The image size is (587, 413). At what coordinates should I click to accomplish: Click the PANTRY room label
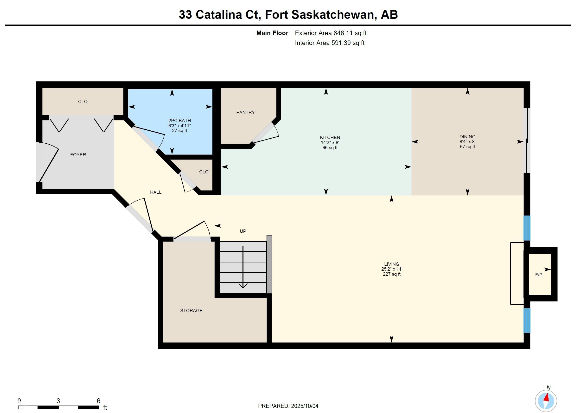(x=245, y=113)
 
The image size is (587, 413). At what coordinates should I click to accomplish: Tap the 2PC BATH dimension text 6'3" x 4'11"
(x=179, y=126)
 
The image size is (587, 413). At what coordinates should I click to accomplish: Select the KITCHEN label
(x=330, y=138)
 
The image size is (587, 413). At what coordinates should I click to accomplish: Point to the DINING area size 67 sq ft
(x=467, y=147)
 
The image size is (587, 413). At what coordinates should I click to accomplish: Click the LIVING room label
(x=391, y=264)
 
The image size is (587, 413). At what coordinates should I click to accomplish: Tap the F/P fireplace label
(x=538, y=275)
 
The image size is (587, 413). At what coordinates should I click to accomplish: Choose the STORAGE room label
(x=191, y=311)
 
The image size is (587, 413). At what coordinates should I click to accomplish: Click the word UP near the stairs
(x=243, y=231)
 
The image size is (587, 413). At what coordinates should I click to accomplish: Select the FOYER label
(x=78, y=155)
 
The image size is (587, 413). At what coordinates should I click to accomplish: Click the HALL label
(x=156, y=192)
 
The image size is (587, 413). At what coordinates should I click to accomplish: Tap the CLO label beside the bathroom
(x=204, y=172)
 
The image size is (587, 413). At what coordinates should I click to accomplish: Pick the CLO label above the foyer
(x=83, y=102)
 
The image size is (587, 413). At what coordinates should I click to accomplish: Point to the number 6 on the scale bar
(x=98, y=401)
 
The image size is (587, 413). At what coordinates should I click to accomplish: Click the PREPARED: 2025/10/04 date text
(x=288, y=406)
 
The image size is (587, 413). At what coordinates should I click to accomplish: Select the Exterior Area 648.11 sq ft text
(x=331, y=33)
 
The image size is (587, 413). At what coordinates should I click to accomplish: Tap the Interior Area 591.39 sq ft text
(x=330, y=43)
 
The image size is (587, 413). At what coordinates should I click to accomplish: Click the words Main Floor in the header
(x=272, y=33)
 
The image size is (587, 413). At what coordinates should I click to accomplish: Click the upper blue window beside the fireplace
(x=527, y=228)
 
